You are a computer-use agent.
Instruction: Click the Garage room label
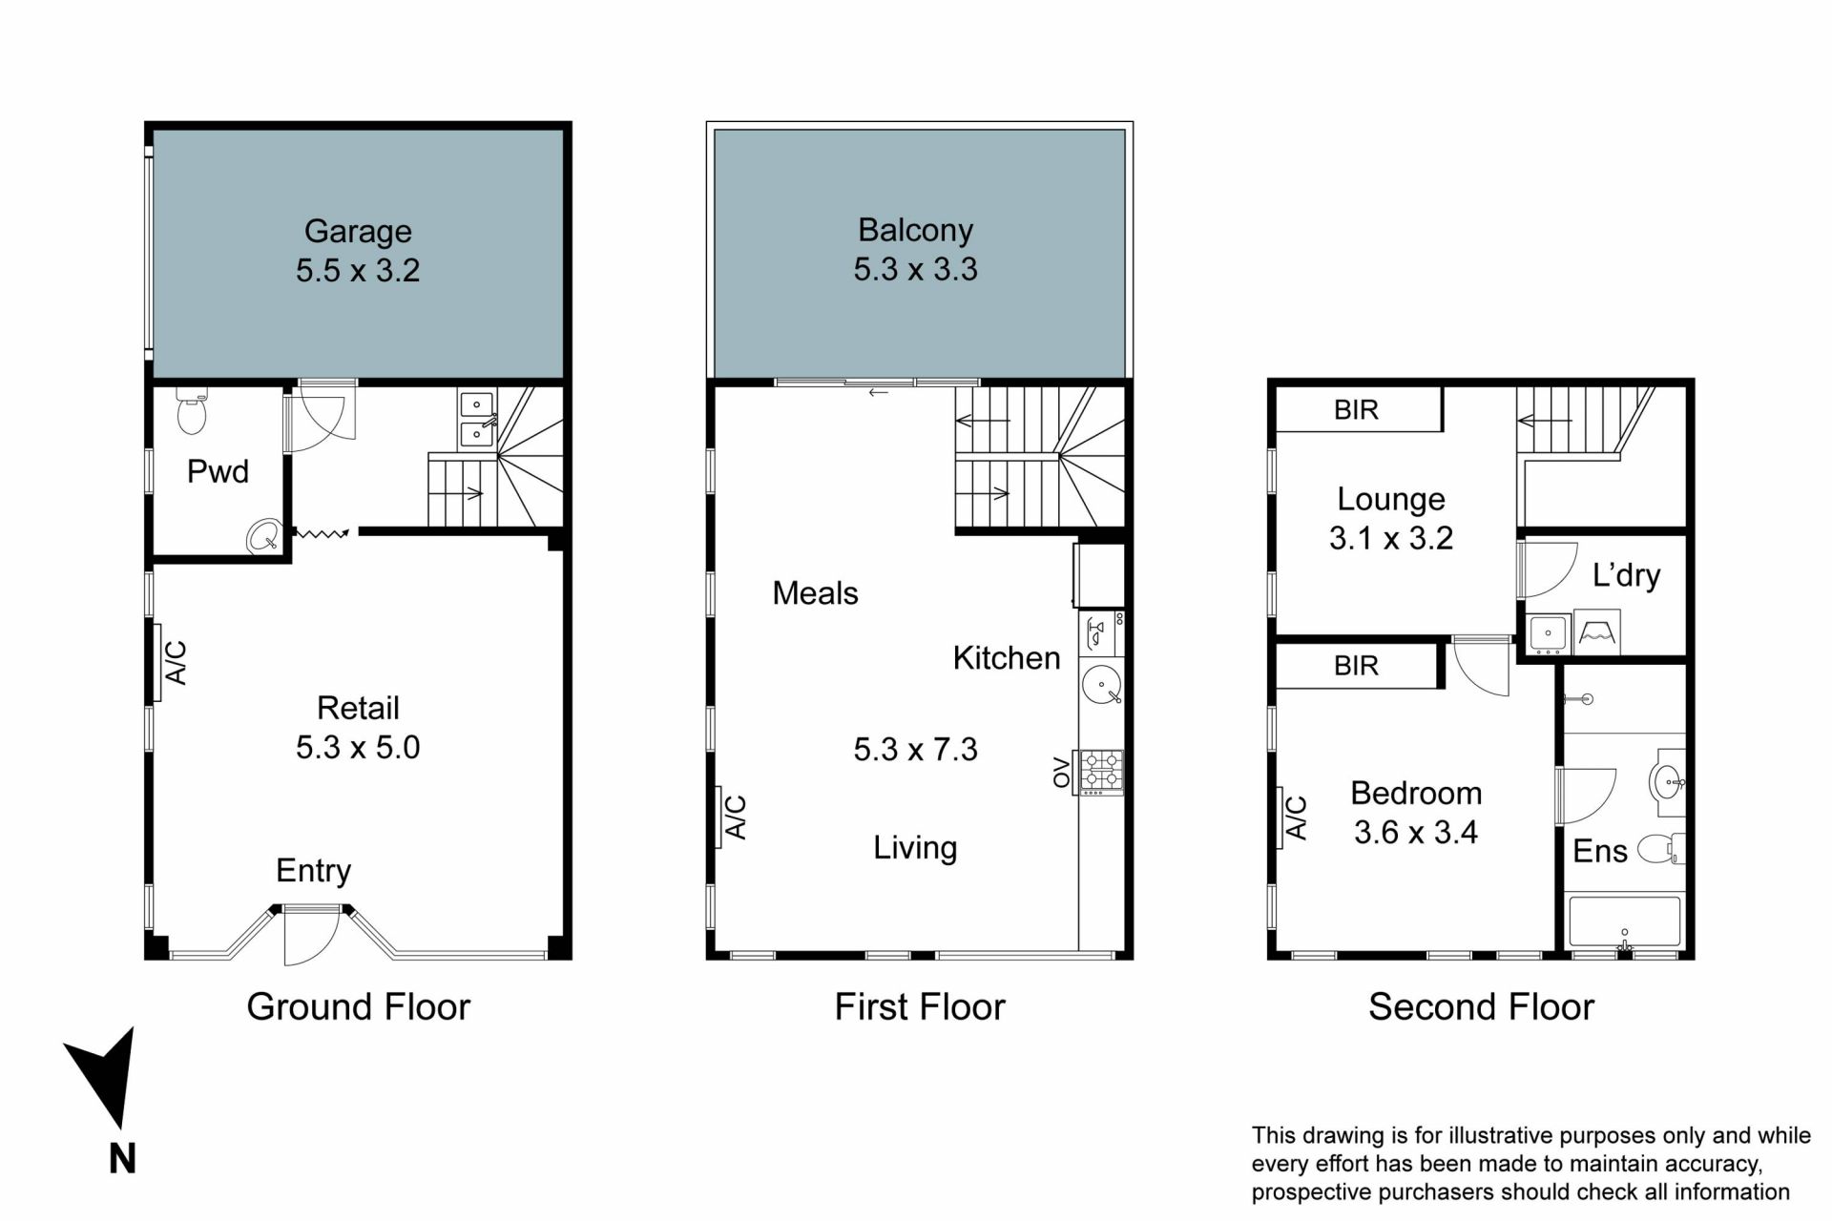point(358,232)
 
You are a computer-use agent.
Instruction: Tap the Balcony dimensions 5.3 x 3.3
point(915,270)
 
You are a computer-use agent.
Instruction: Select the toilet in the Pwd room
point(192,410)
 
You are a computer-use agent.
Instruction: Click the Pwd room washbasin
point(264,537)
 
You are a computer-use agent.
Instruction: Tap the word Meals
point(815,593)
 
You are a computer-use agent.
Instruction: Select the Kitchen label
point(1007,658)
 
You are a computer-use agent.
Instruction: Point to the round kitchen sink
point(1102,684)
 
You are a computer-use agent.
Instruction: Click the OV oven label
point(1061,773)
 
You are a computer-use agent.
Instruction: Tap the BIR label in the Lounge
point(1356,410)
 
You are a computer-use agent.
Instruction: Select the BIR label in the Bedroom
point(1356,666)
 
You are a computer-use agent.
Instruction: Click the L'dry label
point(1626,575)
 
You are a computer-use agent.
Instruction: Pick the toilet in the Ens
point(1661,848)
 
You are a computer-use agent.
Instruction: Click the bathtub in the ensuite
point(1624,921)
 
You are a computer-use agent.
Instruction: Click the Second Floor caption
point(1481,1007)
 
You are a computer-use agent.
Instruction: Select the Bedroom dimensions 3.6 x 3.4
point(1416,833)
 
